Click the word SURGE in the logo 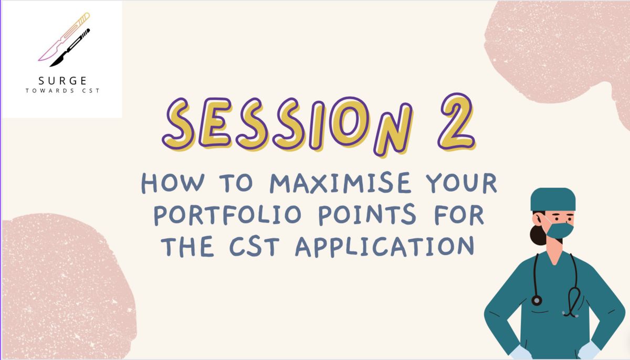click(62, 81)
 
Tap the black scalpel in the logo click(70, 48)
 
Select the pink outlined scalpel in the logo click(64, 37)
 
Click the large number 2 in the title click(456, 122)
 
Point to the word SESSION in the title click(287, 125)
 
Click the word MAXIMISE click(340, 183)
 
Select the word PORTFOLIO click(228, 215)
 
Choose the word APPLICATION click(385, 247)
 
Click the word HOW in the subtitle click(173, 183)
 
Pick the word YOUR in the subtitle click(461, 183)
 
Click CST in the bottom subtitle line click(255, 247)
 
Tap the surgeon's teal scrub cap click(553, 199)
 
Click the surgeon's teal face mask click(560, 230)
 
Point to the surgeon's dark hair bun click(537, 235)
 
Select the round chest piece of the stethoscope click(537, 300)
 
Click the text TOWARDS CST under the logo click(62, 91)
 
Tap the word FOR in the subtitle click(459, 215)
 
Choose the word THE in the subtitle click(187, 247)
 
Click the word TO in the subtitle click(236, 183)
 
